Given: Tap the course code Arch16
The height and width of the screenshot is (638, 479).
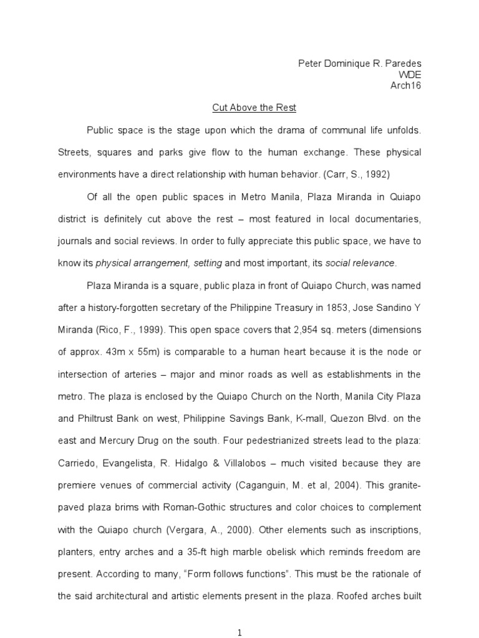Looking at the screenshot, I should (407, 85).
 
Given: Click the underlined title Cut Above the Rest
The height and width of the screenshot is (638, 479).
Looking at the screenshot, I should (254, 108).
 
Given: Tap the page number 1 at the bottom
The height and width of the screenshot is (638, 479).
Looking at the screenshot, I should (239, 633).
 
